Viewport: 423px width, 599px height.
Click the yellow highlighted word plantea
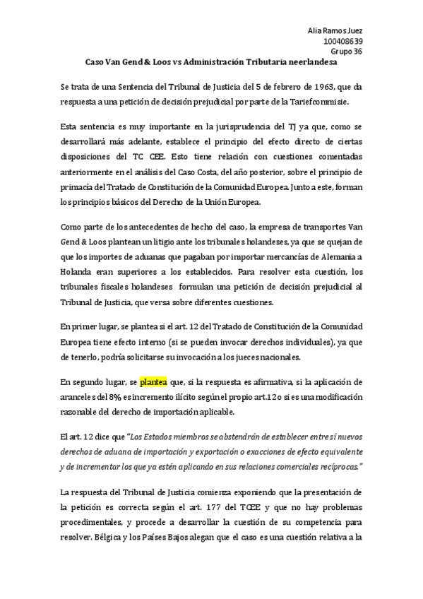coord(153,382)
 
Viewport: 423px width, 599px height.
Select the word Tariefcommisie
coord(312,102)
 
